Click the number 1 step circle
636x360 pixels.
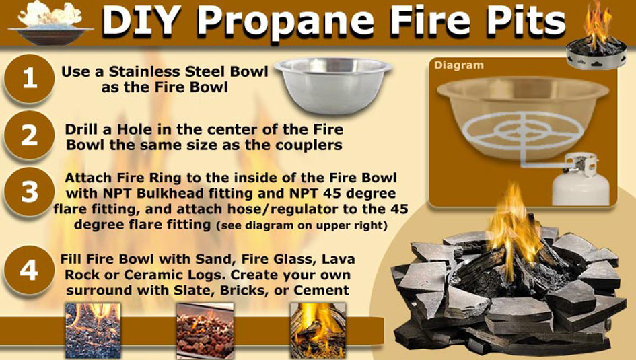pos(30,79)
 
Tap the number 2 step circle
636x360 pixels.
pos(30,135)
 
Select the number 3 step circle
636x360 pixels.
pos(30,192)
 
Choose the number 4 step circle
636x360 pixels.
pos(30,270)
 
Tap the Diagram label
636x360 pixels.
pos(459,66)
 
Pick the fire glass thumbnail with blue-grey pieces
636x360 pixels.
pos(93,330)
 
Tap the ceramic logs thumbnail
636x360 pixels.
pos(317,330)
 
